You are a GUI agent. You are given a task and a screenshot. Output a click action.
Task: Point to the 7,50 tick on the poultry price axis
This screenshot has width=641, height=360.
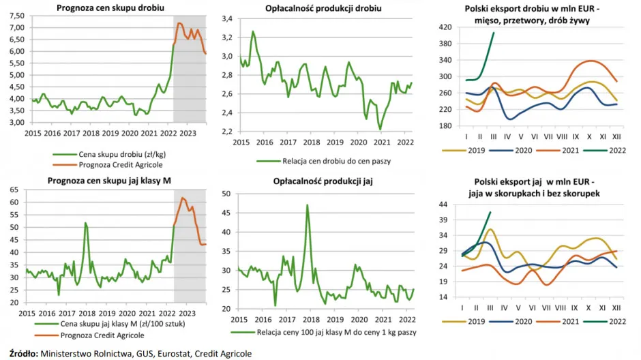click(14, 16)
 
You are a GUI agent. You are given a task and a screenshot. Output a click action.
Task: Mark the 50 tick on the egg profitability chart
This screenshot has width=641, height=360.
click(228, 194)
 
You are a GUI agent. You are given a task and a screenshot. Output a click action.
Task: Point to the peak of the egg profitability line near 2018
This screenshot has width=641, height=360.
click(308, 205)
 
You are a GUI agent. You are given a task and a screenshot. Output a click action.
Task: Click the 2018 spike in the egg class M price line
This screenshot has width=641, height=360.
click(85, 223)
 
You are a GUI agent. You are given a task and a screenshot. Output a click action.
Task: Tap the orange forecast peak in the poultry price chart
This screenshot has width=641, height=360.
click(179, 23)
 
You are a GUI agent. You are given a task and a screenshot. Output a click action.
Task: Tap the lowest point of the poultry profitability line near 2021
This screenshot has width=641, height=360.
click(379, 129)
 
